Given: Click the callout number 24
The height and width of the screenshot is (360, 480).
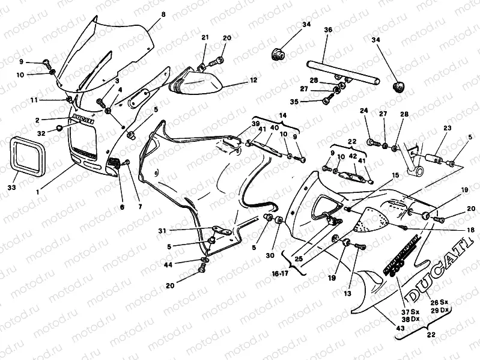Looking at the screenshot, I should point(363,111).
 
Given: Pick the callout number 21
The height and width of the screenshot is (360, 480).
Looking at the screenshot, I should point(205,37).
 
